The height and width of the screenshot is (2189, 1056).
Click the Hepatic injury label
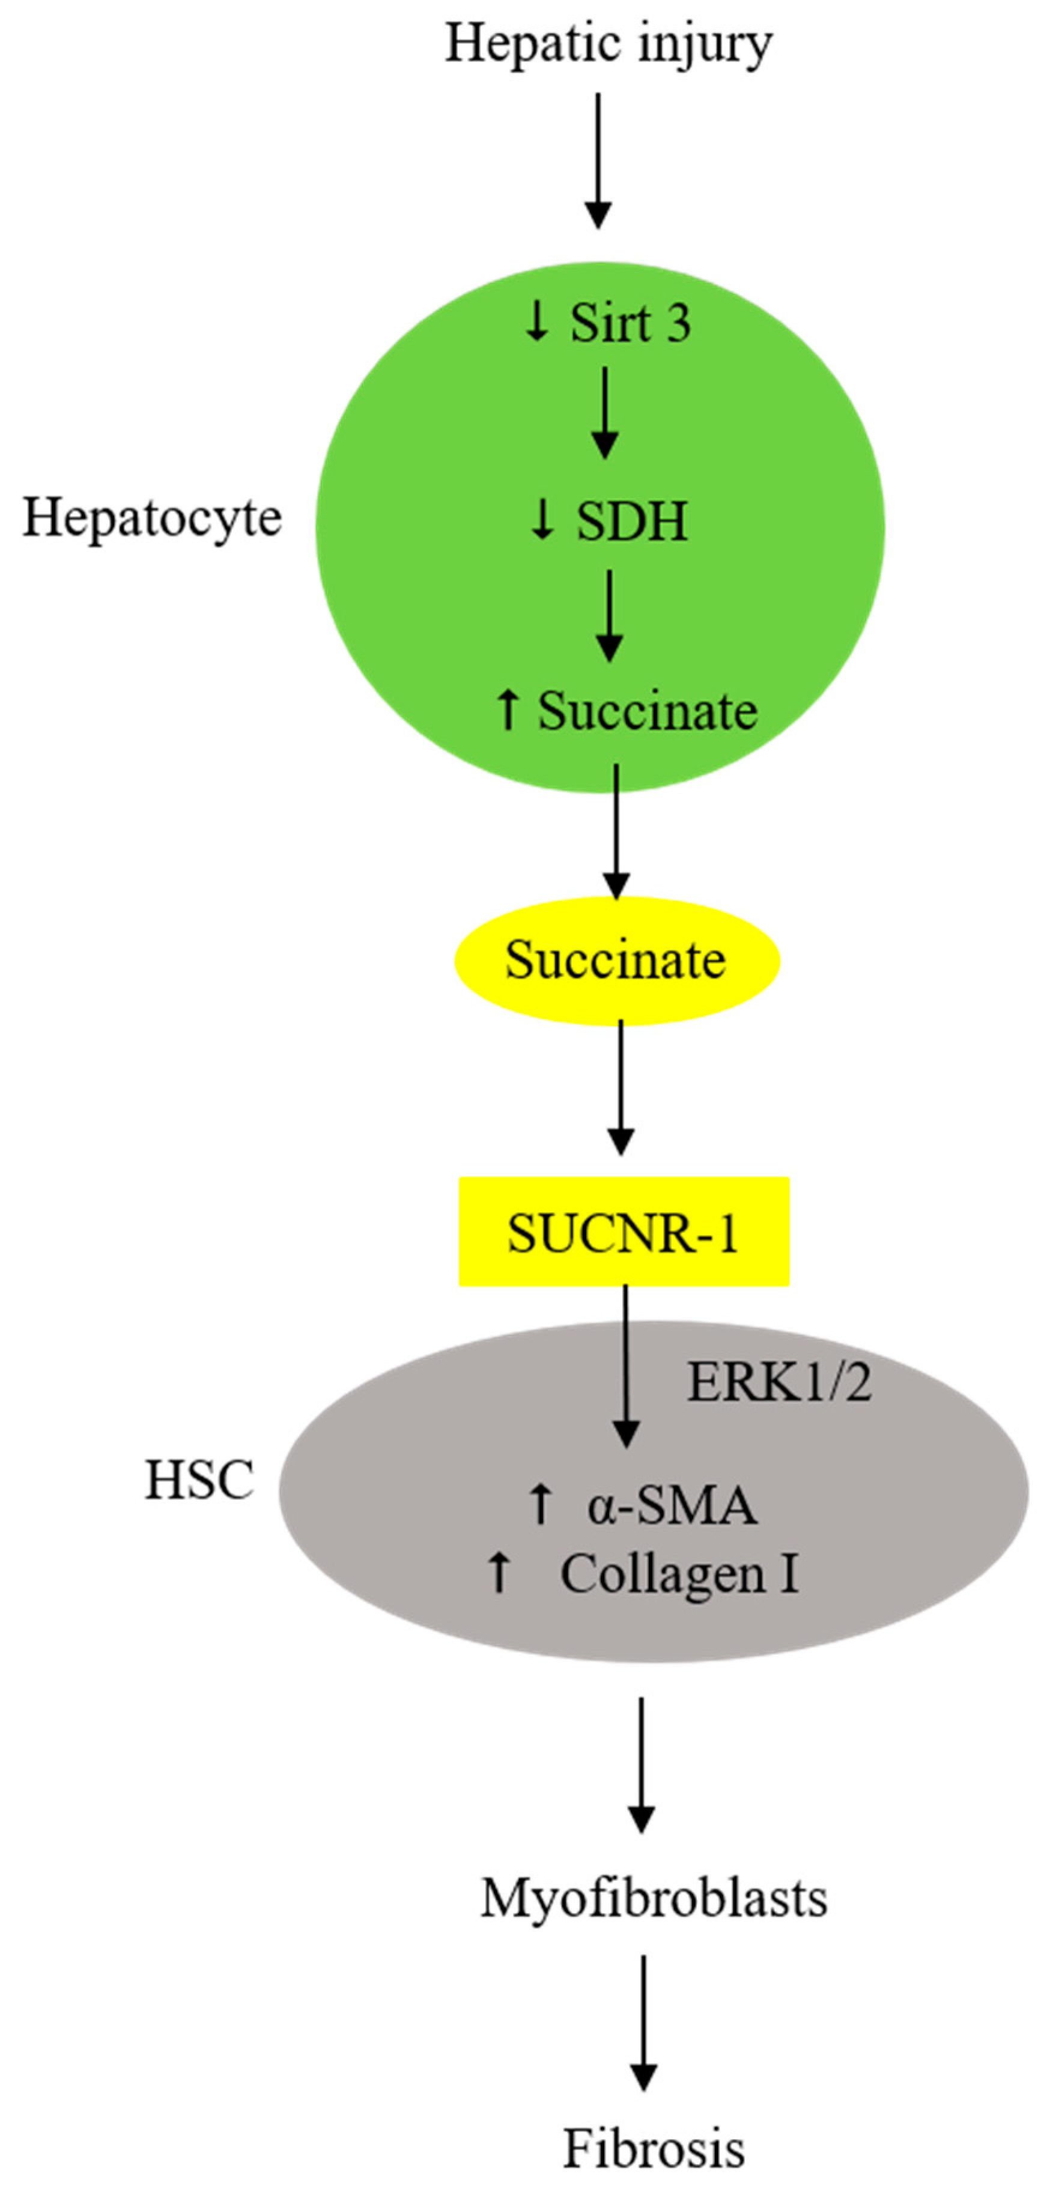click(609, 44)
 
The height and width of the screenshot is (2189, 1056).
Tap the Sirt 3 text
click(630, 324)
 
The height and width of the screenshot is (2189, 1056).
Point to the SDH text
click(632, 522)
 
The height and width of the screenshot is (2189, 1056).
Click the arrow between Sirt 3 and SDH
click(605, 412)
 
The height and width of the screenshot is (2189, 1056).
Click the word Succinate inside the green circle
click(648, 711)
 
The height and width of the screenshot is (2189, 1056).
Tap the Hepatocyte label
click(152, 517)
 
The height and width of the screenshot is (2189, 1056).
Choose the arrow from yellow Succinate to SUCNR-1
click(621, 1088)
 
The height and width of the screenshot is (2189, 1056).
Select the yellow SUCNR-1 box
click(624, 1231)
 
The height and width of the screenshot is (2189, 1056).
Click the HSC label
click(199, 1480)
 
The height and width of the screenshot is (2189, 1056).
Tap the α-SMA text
click(671, 1505)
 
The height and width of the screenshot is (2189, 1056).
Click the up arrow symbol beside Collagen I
click(499, 1572)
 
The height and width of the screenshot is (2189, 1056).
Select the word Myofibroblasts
click(654, 1898)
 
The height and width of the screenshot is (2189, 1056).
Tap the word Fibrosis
click(654, 2148)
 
